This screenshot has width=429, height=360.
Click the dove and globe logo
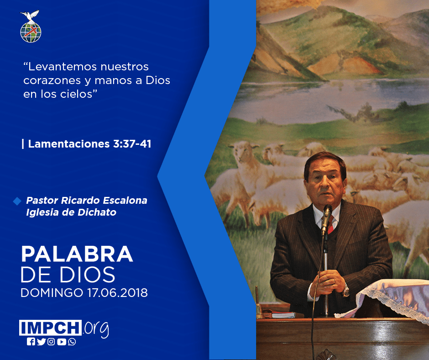coord(31,26)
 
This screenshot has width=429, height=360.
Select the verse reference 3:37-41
coord(132,144)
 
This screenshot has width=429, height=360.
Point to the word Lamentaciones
coord(69,144)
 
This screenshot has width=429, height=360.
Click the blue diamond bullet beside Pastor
coord(17,201)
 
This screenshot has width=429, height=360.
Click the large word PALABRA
coord(77,254)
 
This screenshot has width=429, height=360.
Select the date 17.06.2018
coord(118,293)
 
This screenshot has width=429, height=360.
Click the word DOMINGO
coord(52,293)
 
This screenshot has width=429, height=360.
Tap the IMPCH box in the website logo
coord(50,328)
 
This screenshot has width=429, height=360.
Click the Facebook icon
coord(31,342)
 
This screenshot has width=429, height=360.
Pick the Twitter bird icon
coord(41,342)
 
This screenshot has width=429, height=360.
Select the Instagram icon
coord(51,342)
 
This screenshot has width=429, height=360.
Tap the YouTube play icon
coord(62,342)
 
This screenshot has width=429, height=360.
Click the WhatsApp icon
coord(72,342)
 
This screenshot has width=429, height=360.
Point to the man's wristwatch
coord(346,291)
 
